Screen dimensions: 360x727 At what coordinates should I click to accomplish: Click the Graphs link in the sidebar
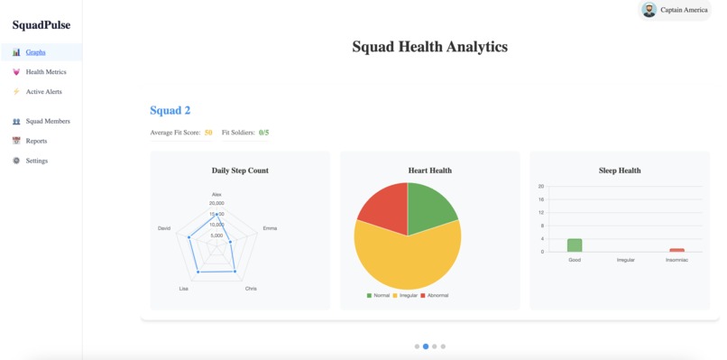click(x=35, y=52)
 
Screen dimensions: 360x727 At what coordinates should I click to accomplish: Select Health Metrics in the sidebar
click(x=45, y=72)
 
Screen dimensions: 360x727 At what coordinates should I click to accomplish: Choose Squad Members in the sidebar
click(x=47, y=121)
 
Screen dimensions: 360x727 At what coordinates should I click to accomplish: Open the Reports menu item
click(x=36, y=141)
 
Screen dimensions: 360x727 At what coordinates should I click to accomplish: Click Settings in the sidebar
click(x=36, y=161)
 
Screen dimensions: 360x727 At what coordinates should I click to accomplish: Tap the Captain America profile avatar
click(x=649, y=10)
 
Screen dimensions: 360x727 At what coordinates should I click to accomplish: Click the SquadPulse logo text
click(x=41, y=25)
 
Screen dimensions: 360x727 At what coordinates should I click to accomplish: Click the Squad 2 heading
click(x=170, y=110)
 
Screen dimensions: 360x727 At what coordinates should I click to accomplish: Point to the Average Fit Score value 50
click(x=208, y=133)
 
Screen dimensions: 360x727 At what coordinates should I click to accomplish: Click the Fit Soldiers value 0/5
click(x=263, y=133)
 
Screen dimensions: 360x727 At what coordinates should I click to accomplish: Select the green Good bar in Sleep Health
click(x=575, y=245)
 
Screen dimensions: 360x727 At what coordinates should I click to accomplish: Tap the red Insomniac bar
click(x=676, y=250)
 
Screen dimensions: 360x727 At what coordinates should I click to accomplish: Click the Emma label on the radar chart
click(x=270, y=228)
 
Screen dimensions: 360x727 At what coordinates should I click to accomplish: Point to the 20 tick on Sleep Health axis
click(x=540, y=187)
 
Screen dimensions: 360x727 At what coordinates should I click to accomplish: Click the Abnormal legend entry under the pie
click(x=434, y=295)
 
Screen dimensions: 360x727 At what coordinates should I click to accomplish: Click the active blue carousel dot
click(x=426, y=346)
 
